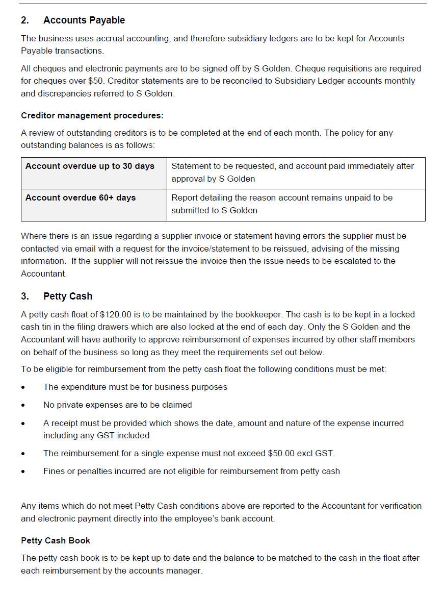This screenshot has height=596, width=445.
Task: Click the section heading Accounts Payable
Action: pyautogui.click(x=84, y=20)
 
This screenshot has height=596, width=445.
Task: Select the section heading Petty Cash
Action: pyautogui.click(x=68, y=296)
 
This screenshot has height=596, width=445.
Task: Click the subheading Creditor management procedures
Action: pyautogui.click(x=92, y=116)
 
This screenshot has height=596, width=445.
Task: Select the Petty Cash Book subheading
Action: pyautogui.click(x=56, y=540)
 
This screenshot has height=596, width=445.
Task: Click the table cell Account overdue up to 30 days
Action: pyautogui.click(x=90, y=166)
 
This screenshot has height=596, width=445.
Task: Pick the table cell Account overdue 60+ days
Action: pyautogui.click(x=81, y=198)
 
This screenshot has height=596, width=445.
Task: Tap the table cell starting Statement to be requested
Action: pyautogui.click(x=293, y=172)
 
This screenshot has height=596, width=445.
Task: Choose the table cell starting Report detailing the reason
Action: pyautogui.click(x=282, y=204)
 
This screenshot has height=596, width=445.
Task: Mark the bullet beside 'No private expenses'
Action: pyautogui.click(x=23, y=406)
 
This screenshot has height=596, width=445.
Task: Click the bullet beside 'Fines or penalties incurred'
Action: pyautogui.click(x=23, y=472)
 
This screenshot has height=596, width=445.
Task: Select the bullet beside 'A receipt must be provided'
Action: pyautogui.click(x=23, y=424)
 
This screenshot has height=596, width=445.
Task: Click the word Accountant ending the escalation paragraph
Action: pyautogui.click(x=43, y=274)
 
